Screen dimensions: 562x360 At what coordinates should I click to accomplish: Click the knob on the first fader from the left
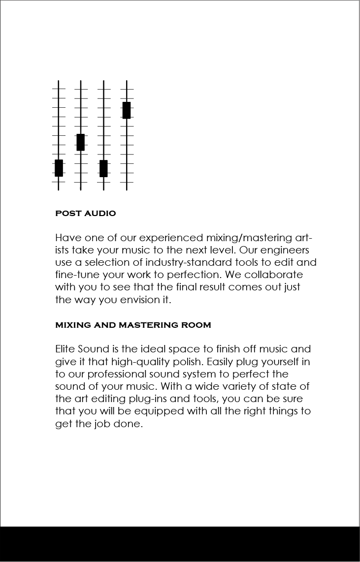pos(59,168)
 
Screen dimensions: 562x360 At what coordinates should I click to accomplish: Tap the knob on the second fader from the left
pos(81,142)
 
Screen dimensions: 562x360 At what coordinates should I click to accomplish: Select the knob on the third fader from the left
pos(103,168)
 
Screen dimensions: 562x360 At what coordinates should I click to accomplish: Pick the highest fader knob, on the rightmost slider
pos(127,110)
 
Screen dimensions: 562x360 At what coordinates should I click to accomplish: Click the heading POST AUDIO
pos(86,214)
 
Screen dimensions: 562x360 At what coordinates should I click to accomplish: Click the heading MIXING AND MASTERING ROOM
pos(133,325)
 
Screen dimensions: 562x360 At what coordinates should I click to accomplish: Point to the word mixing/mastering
pos(249,238)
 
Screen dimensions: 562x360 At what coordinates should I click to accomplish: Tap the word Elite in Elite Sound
pos(65,349)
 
